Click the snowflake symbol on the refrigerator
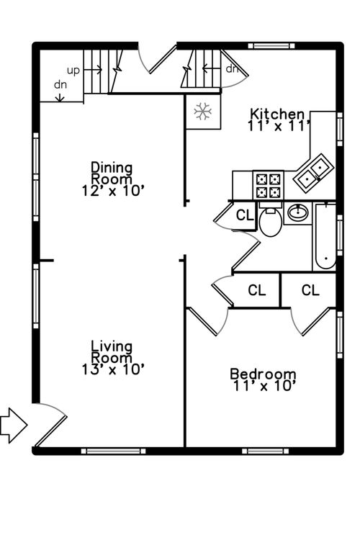click(202, 112)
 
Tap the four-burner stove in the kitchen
click(269, 184)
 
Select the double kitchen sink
click(313, 174)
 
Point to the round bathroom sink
click(298, 212)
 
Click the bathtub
click(325, 237)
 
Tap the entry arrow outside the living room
click(13, 426)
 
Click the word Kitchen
click(277, 114)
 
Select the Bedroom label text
click(264, 374)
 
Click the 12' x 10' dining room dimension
click(112, 191)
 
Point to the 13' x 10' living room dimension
click(112, 369)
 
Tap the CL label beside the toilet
click(245, 215)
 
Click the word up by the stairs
click(73, 71)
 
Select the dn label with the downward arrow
click(60, 90)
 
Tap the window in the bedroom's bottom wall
click(265, 451)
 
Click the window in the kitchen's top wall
click(272, 45)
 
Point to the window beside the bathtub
click(340, 235)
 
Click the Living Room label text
click(112, 352)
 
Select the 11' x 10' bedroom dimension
click(264, 386)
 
